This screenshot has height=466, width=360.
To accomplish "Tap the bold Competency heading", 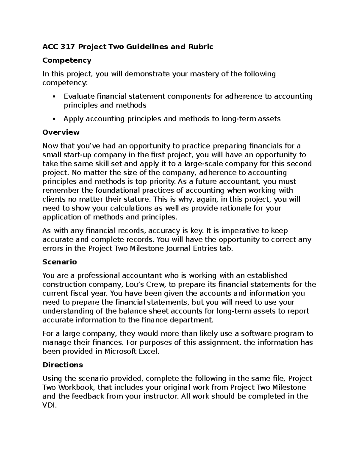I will pyautogui.click(x=67, y=60).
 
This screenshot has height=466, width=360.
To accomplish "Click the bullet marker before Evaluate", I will pyautogui.click(x=54, y=97).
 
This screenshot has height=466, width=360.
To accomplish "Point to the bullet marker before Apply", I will pyautogui.click(x=54, y=119).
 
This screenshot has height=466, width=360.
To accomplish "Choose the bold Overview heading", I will pyautogui.click(x=61, y=132).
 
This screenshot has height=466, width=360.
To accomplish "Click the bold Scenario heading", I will pyautogui.click(x=60, y=262).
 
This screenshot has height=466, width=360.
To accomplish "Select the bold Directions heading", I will pyautogui.click(x=62, y=365).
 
